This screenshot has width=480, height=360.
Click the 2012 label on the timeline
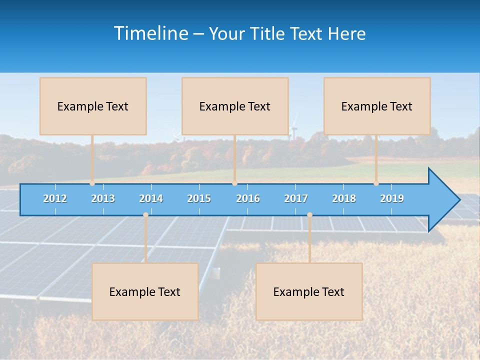[x=55, y=198]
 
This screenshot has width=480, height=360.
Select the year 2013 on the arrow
[x=103, y=198]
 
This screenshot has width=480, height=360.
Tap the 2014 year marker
[x=151, y=198]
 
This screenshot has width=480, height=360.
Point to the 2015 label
[x=199, y=198]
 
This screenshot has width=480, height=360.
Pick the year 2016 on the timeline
[x=248, y=198]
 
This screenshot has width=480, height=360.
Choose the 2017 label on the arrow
[x=296, y=198]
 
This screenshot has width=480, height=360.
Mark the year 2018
[x=344, y=198]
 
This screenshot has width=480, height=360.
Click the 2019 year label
[x=392, y=198]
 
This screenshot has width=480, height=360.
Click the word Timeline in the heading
[x=150, y=33]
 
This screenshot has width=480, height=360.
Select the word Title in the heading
[x=268, y=33]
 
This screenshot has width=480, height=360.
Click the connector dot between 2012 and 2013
[x=92, y=183]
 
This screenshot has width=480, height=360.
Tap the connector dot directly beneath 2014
[x=145, y=215]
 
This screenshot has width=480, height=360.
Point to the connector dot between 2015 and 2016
[x=234, y=183]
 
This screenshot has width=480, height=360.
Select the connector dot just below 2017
[x=309, y=215]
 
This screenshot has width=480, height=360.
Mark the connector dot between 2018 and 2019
[x=376, y=183]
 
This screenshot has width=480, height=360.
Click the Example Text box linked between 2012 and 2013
[x=93, y=106]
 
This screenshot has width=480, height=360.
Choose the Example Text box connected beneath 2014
[x=145, y=291]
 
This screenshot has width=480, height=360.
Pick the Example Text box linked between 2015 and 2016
[x=235, y=106]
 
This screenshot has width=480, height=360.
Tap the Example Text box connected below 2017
[x=309, y=291]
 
